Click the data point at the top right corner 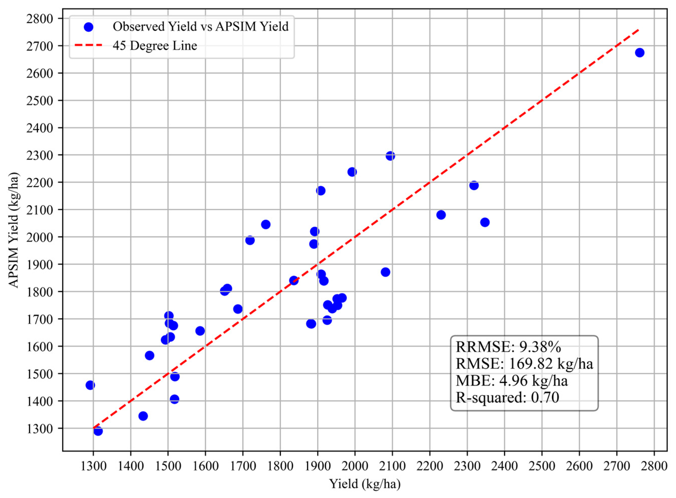click(639, 53)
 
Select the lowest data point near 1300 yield click(98, 431)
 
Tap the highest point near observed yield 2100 click(390, 156)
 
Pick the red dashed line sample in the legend click(89, 46)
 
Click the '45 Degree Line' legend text click(155, 46)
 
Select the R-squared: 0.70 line click(508, 397)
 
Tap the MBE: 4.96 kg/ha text click(512, 380)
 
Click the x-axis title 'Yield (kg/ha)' click(365, 484)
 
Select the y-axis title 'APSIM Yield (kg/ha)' click(14, 230)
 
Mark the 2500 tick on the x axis click(542, 466)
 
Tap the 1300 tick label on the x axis click(93, 466)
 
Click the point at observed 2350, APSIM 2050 click(485, 222)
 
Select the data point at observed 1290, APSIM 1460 click(90, 385)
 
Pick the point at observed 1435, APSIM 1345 click(143, 416)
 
